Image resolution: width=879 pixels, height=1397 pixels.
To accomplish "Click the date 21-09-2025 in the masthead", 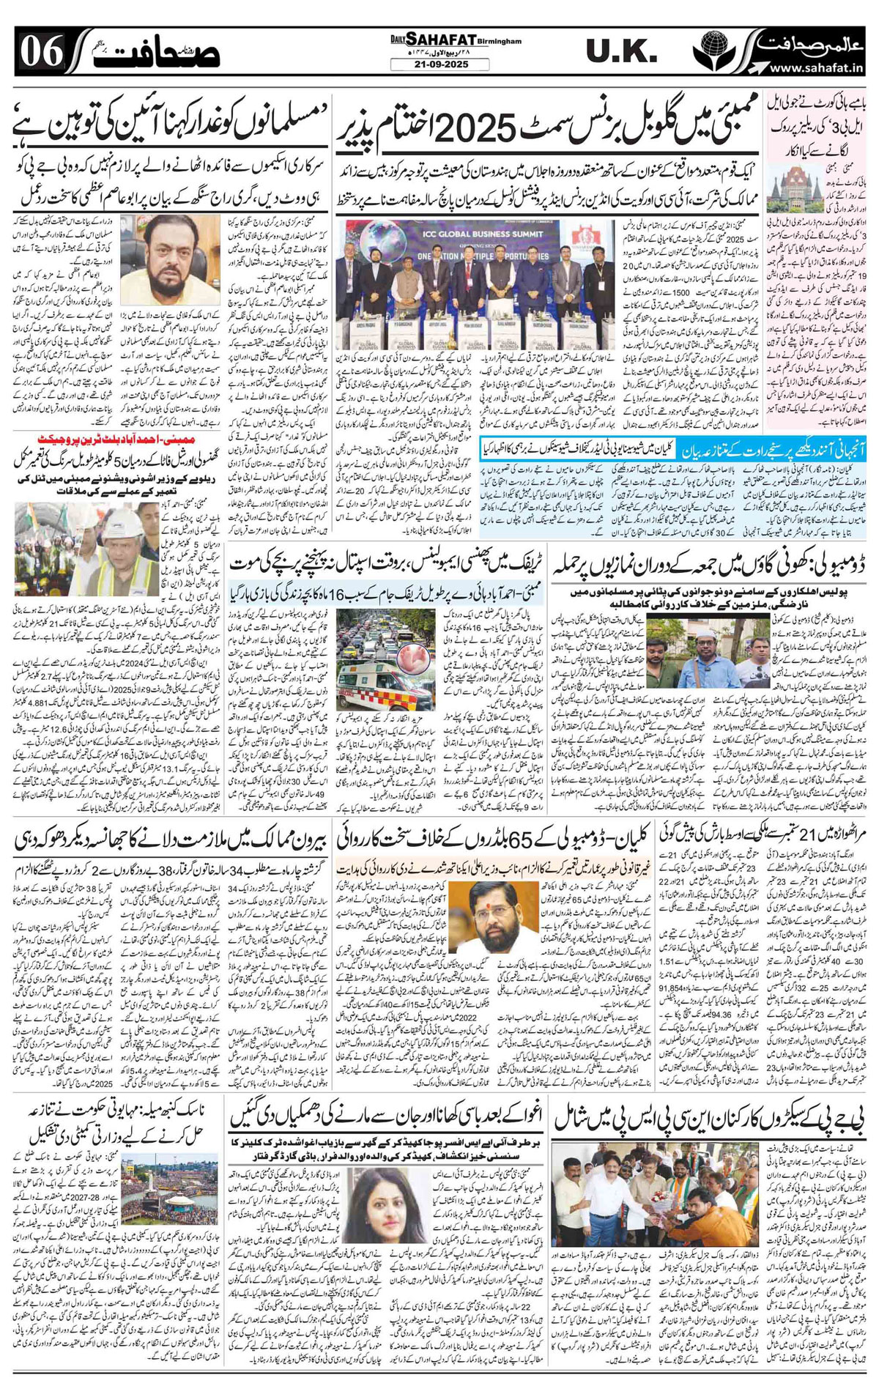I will pos(439,65).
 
